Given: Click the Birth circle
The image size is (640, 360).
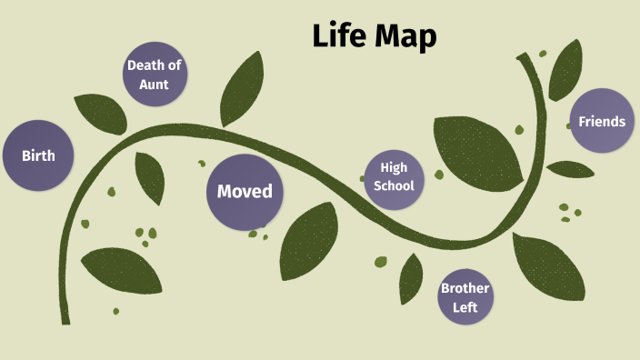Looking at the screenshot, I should [x=38, y=155].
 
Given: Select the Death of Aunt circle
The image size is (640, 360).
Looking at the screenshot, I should [x=155, y=74].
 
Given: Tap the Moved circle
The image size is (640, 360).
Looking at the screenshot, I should [x=244, y=192].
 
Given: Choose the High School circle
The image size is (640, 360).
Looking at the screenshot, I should [x=395, y=177].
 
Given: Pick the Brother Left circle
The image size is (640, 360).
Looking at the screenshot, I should [x=465, y=297].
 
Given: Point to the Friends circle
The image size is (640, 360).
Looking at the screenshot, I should [x=601, y=121].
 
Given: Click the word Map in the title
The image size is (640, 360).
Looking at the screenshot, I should [x=406, y=37].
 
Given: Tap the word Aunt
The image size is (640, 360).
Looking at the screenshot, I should [x=154, y=84].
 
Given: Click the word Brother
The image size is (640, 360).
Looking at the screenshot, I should [x=465, y=288].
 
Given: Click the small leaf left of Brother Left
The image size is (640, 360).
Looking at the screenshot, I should [x=411, y=277].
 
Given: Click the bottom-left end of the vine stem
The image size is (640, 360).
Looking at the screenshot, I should [x=65, y=318].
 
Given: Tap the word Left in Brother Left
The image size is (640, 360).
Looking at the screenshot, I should [x=465, y=307].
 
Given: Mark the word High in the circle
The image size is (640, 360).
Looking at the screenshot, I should [x=394, y=167].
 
